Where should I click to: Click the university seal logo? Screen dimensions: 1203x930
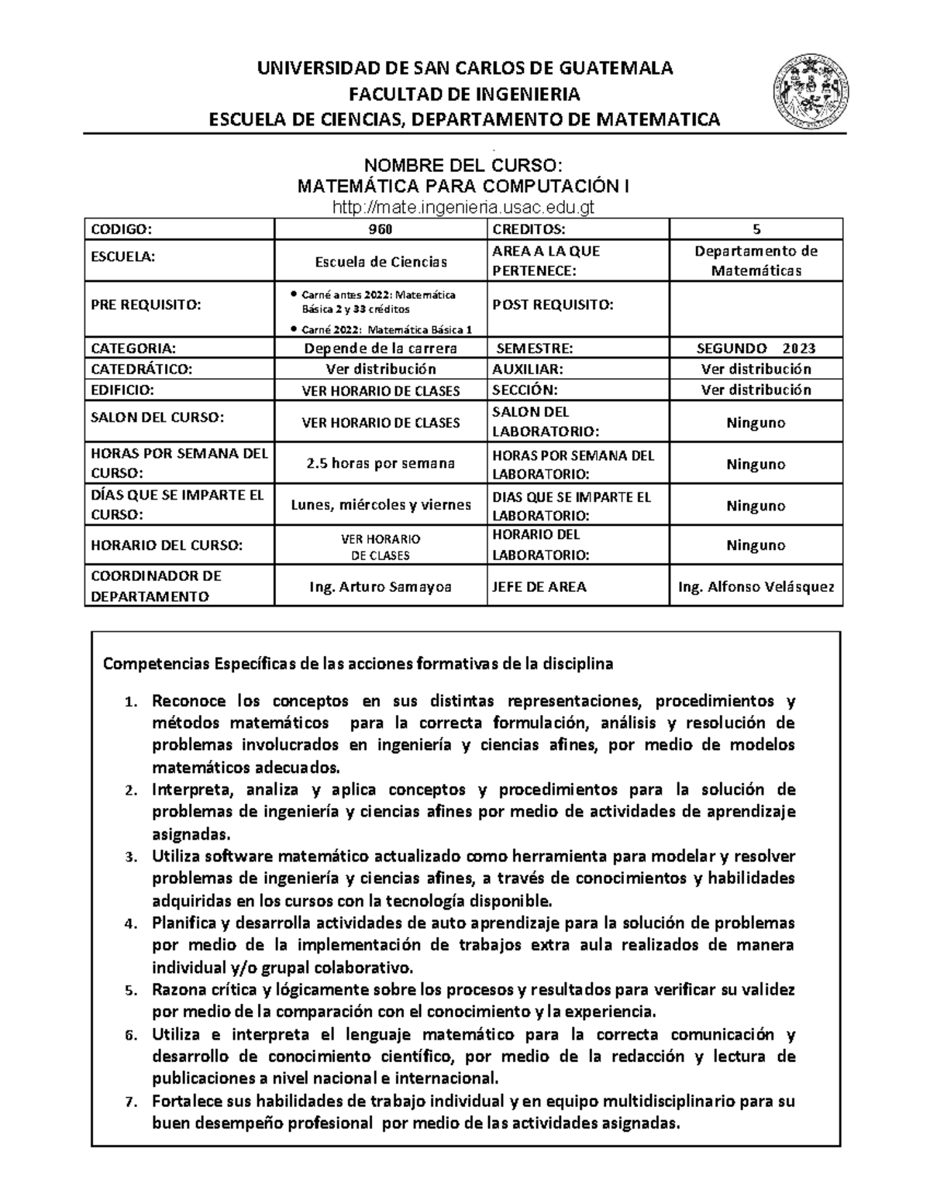tap(811, 93)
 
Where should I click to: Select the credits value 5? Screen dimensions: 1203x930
tap(756, 229)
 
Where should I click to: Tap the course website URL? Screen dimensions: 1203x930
tap(464, 207)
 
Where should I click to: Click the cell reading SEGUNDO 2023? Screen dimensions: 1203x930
tap(756, 348)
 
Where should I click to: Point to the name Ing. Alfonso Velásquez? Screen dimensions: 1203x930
tap(756, 586)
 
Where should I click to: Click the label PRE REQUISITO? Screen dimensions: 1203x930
tap(146, 305)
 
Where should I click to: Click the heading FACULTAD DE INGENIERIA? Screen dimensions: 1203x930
tap(464, 95)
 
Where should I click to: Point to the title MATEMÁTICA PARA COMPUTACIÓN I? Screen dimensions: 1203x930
tap(464, 187)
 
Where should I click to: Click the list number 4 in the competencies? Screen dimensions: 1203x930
tap(130, 924)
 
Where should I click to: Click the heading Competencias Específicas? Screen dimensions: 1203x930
tap(358, 664)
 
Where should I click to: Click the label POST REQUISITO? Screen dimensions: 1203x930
tap(553, 305)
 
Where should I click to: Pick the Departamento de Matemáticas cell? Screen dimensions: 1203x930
tap(756, 260)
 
